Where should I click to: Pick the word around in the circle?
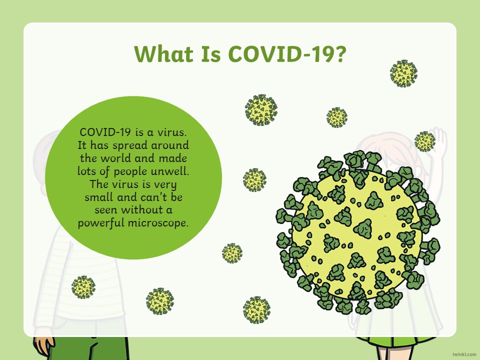pyautogui.click(x=170, y=145)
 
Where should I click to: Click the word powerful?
pyautogui.click(x=101, y=223)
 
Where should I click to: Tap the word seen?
pyautogui.click(x=106, y=210)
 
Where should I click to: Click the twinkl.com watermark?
pyautogui.click(x=464, y=354)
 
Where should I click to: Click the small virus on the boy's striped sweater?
pyautogui.click(x=83, y=287)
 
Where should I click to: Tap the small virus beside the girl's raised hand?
pyautogui.click(x=425, y=141)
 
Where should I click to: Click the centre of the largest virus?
pyautogui.click(x=357, y=232)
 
